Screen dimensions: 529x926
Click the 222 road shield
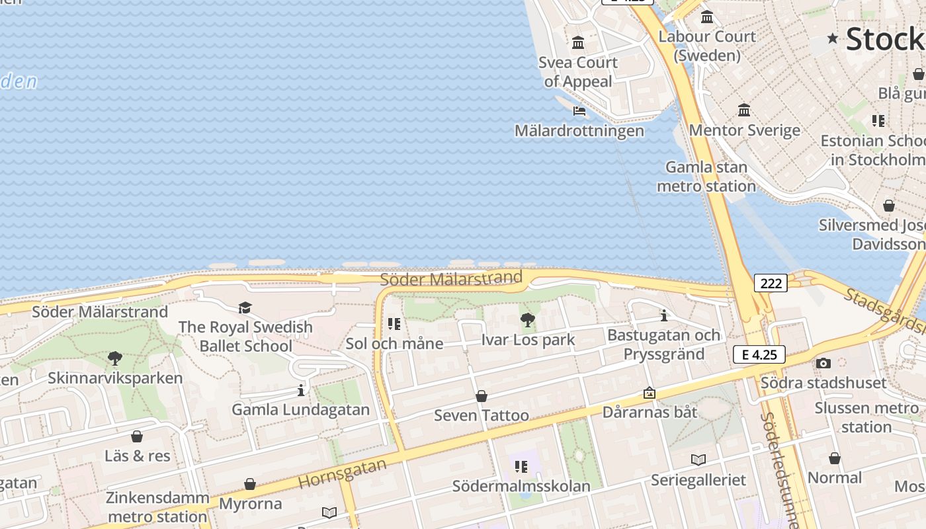click(771, 284)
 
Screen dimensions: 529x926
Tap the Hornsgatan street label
click(343, 473)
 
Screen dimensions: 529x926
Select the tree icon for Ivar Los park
click(527, 321)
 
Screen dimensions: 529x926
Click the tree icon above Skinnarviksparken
click(115, 358)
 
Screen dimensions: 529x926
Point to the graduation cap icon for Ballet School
click(245, 307)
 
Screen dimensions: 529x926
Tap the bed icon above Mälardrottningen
click(579, 111)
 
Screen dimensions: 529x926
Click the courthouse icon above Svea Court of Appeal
click(578, 43)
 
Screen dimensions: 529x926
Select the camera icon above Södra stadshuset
click(823, 363)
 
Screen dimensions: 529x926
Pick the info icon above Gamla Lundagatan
click(301, 390)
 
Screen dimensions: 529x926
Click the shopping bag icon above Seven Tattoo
click(482, 396)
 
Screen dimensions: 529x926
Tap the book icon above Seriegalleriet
click(698, 460)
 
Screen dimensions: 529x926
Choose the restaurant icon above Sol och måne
click(394, 324)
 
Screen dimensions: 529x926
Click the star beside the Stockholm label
click(833, 38)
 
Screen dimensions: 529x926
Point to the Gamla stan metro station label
click(706, 177)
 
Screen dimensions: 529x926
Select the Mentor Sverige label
click(745, 130)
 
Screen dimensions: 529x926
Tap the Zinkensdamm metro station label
click(157, 507)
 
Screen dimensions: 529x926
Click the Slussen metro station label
click(866, 417)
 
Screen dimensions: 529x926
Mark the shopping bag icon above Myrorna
click(250, 484)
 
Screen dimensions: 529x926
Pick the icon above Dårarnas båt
click(650, 393)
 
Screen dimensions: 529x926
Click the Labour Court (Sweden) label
click(707, 46)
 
